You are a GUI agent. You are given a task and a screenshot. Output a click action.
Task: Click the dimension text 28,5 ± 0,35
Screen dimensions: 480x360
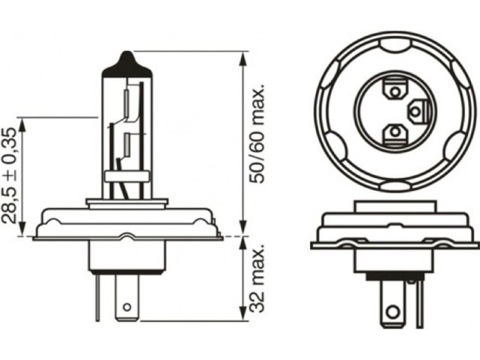point(10,175)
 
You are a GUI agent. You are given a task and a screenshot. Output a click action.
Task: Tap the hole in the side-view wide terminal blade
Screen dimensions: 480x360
point(127,307)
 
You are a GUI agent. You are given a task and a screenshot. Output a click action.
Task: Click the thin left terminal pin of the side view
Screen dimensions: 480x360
point(97,297)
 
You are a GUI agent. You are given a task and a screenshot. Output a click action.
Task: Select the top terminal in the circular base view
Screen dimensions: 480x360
point(395,89)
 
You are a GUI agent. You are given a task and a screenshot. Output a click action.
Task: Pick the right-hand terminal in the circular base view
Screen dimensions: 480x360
point(417,112)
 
